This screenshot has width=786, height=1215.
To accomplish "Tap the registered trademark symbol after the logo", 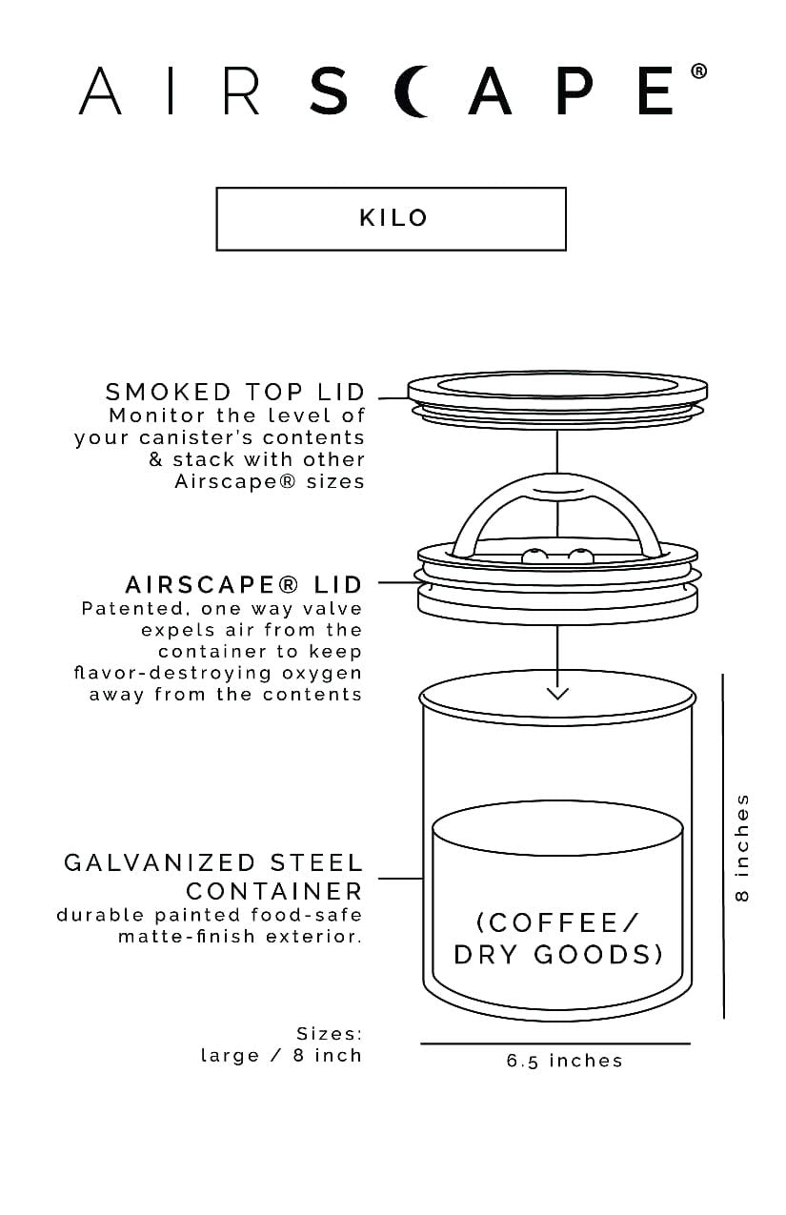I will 698,71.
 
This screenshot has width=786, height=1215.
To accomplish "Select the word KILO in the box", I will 393,217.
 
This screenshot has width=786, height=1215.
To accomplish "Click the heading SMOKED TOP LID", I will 235,392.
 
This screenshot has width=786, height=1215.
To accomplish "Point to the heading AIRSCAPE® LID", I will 244,583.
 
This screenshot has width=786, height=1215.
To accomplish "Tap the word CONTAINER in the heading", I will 274,891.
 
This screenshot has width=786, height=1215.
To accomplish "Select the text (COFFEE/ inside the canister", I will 557,922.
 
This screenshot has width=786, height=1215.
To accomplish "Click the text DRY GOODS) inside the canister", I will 558,955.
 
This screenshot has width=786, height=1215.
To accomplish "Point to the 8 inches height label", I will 743,846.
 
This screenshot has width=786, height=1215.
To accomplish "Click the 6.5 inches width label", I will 564,1061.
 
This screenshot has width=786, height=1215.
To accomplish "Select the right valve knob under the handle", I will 576,555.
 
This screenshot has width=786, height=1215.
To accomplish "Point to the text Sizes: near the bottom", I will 329,1033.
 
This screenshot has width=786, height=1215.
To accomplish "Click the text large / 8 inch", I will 281,1055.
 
